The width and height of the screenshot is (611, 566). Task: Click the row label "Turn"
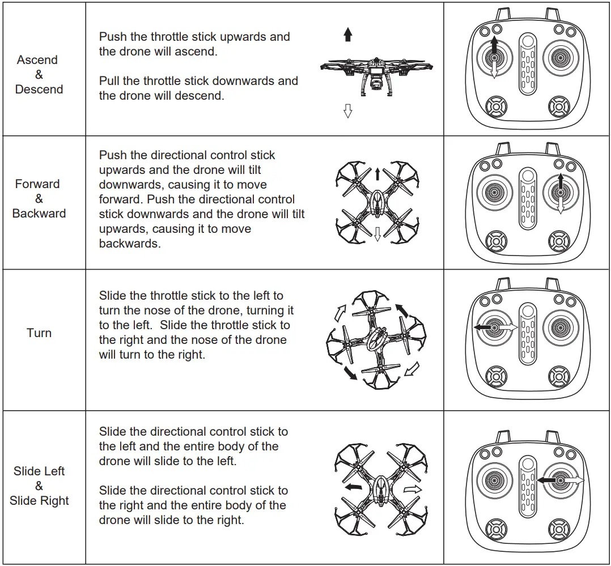pyautogui.click(x=39, y=333)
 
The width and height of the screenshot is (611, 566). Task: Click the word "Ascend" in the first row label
pyautogui.click(x=37, y=59)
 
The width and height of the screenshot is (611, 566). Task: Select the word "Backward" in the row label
pyautogui.click(x=39, y=213)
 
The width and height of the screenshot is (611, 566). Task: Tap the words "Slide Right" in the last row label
pyautogui.click(x=39, y=500)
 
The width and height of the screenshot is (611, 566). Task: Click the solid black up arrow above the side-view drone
pyautogui.click(x=348, y=35)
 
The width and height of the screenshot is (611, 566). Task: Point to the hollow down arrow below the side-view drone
pyautogui.click(x=348, y=110)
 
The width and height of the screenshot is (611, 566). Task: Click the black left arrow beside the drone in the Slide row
pyautogui.click(x=354, y=487)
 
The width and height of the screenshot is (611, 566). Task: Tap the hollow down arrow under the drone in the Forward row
pyautogui.click(x=377, y=233)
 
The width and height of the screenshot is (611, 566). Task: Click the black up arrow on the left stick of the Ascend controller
pyautogui.click(x=494, y=45)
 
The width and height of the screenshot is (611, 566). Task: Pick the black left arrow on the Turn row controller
pyautogui.click(x=483, y=327)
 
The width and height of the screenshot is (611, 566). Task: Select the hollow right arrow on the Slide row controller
pyautogui.click(x=575, y=480)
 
